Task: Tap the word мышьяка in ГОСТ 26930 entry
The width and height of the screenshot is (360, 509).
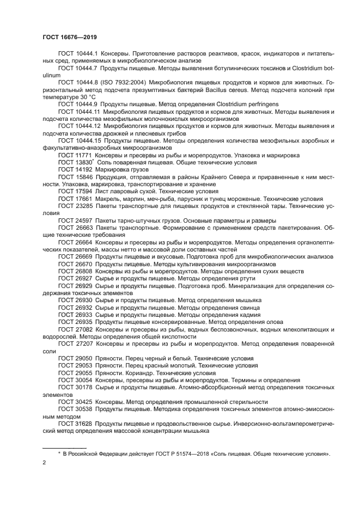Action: [x=246, y=299]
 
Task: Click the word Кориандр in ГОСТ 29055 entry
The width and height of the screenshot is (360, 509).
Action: [x=140, y=373]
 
